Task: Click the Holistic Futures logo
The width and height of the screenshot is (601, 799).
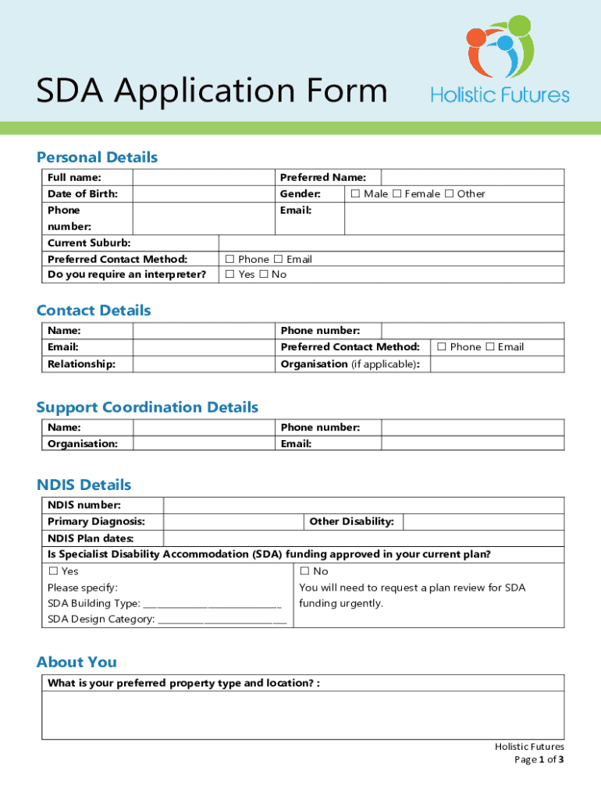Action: pos(500,62)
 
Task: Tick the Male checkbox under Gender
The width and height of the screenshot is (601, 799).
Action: pos(355,194)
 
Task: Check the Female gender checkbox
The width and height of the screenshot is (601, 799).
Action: pos(396,194)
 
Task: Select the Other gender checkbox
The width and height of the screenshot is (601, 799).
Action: pos(449,194)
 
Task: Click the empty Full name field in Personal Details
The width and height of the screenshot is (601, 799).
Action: pos(202,178)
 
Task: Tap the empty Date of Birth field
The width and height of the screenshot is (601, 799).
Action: pos(202,194)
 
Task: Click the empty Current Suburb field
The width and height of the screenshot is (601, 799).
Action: pos(390,243)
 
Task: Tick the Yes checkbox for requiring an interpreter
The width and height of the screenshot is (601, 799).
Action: pos(229,275)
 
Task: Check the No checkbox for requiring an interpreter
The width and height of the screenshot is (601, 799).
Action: pos(263,275)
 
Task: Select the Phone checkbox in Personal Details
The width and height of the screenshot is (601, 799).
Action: pos(229,259)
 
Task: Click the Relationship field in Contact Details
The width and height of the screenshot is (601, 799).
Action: pos(202,364)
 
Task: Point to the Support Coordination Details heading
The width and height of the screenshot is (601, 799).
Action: pos(147,407)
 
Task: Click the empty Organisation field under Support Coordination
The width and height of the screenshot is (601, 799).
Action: pos(202,443)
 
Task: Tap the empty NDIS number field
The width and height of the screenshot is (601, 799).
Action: pos(363,506)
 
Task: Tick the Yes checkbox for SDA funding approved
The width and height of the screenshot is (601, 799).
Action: pos(52,572)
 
